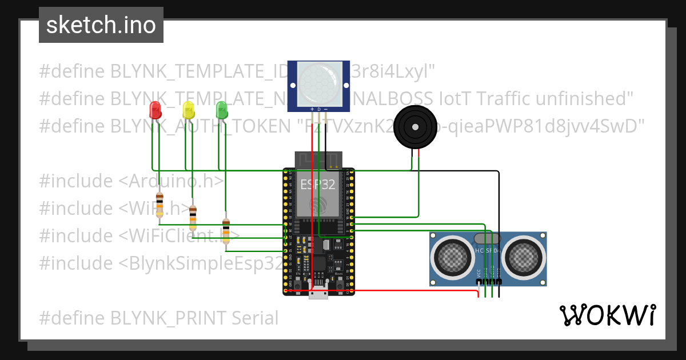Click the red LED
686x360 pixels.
154,110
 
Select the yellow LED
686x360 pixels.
188,110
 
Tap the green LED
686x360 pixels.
221,110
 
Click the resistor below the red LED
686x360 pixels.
159,205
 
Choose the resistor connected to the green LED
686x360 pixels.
226,231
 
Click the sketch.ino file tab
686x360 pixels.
101,25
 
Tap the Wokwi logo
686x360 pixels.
607,315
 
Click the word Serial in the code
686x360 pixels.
252,318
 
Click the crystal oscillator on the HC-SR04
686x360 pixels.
488,238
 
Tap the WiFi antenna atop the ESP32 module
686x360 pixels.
318,160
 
